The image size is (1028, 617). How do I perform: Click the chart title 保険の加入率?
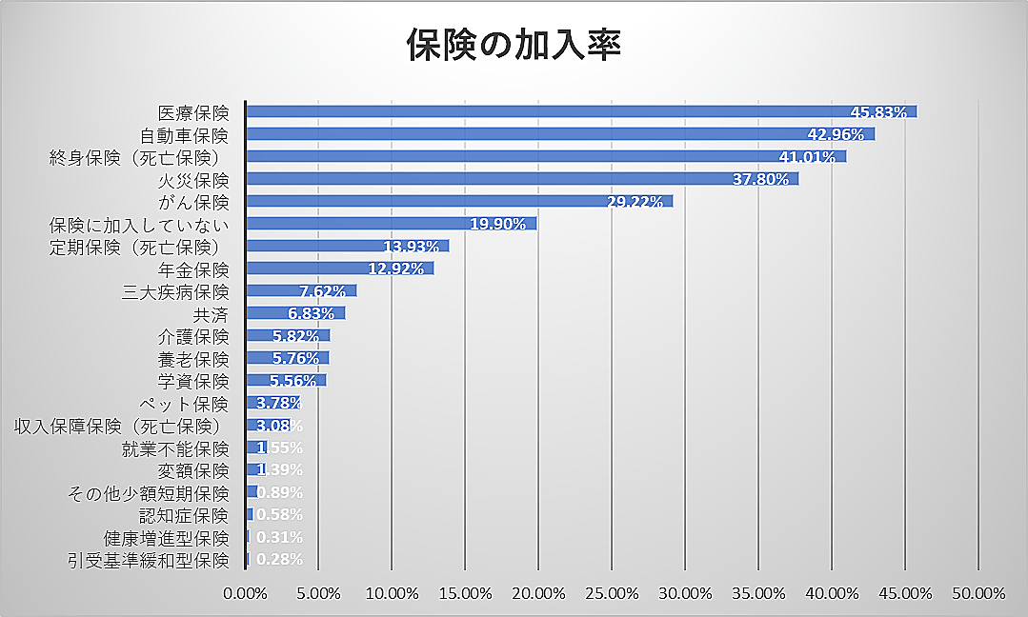(x=514, y=45)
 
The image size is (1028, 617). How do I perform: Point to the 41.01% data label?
(x=807, y=157)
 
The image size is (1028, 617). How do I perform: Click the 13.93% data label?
(x=411, y=247)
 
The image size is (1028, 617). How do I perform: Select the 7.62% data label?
(x=321, y=291)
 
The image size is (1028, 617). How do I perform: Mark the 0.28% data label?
(x=279, y=559)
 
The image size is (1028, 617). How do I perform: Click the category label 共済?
(x=211, y=313)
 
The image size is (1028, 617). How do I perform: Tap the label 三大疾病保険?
(x=175, y=291)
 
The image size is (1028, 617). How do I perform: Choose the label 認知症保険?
(x=184, y=515)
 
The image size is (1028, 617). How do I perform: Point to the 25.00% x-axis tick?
(x=612, y=593)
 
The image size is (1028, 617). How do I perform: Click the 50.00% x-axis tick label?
(x=978, y=593)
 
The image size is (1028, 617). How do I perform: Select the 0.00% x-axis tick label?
(x=246, y=593)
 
